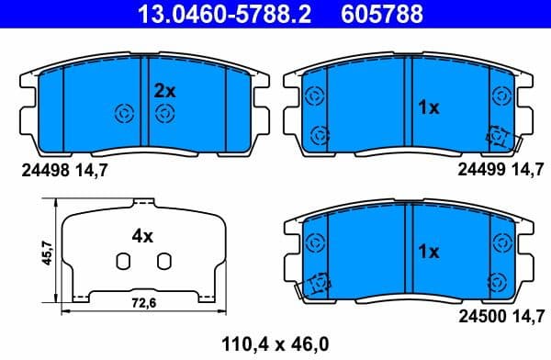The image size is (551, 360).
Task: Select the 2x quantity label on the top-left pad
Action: (x=164, y=90)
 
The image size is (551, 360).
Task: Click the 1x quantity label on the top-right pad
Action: (x=428, y=107)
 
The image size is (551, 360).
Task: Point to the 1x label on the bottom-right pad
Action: (x=428, y=251)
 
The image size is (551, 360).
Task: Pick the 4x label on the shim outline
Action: (x=141, y=236)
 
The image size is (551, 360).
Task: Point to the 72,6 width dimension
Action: (x=140, y=301)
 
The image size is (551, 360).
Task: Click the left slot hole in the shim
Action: (x=121, y=262)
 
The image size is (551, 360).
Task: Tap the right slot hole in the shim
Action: (x=163, y=262)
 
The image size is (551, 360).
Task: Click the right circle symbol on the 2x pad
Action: (x=164, y=113)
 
